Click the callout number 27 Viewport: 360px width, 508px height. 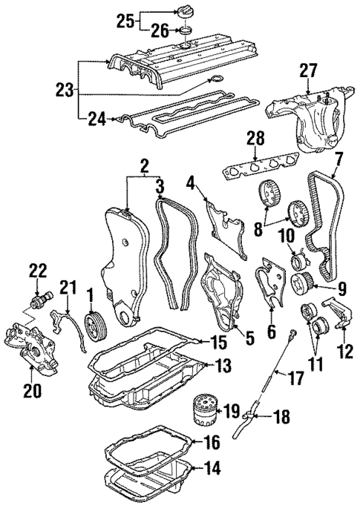click(309, 72)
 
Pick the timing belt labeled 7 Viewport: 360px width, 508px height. click(325, 222)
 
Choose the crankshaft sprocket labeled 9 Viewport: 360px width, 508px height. click(304, 283)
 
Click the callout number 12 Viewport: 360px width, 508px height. click(344, 350)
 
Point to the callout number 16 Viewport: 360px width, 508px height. click(212, 443)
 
